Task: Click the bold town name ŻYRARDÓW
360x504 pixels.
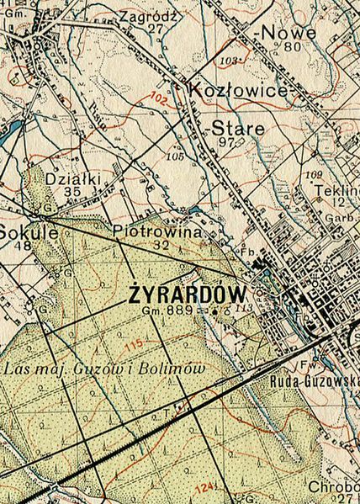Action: point(188,294)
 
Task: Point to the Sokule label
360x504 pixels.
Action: point(28,231)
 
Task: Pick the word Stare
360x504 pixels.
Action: point(237,129)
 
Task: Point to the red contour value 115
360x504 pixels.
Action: point(133,344)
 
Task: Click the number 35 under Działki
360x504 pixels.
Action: point(72,192)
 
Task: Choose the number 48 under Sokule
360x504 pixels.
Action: point(23,246)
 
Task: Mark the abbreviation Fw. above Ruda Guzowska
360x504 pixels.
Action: point(309,365)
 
